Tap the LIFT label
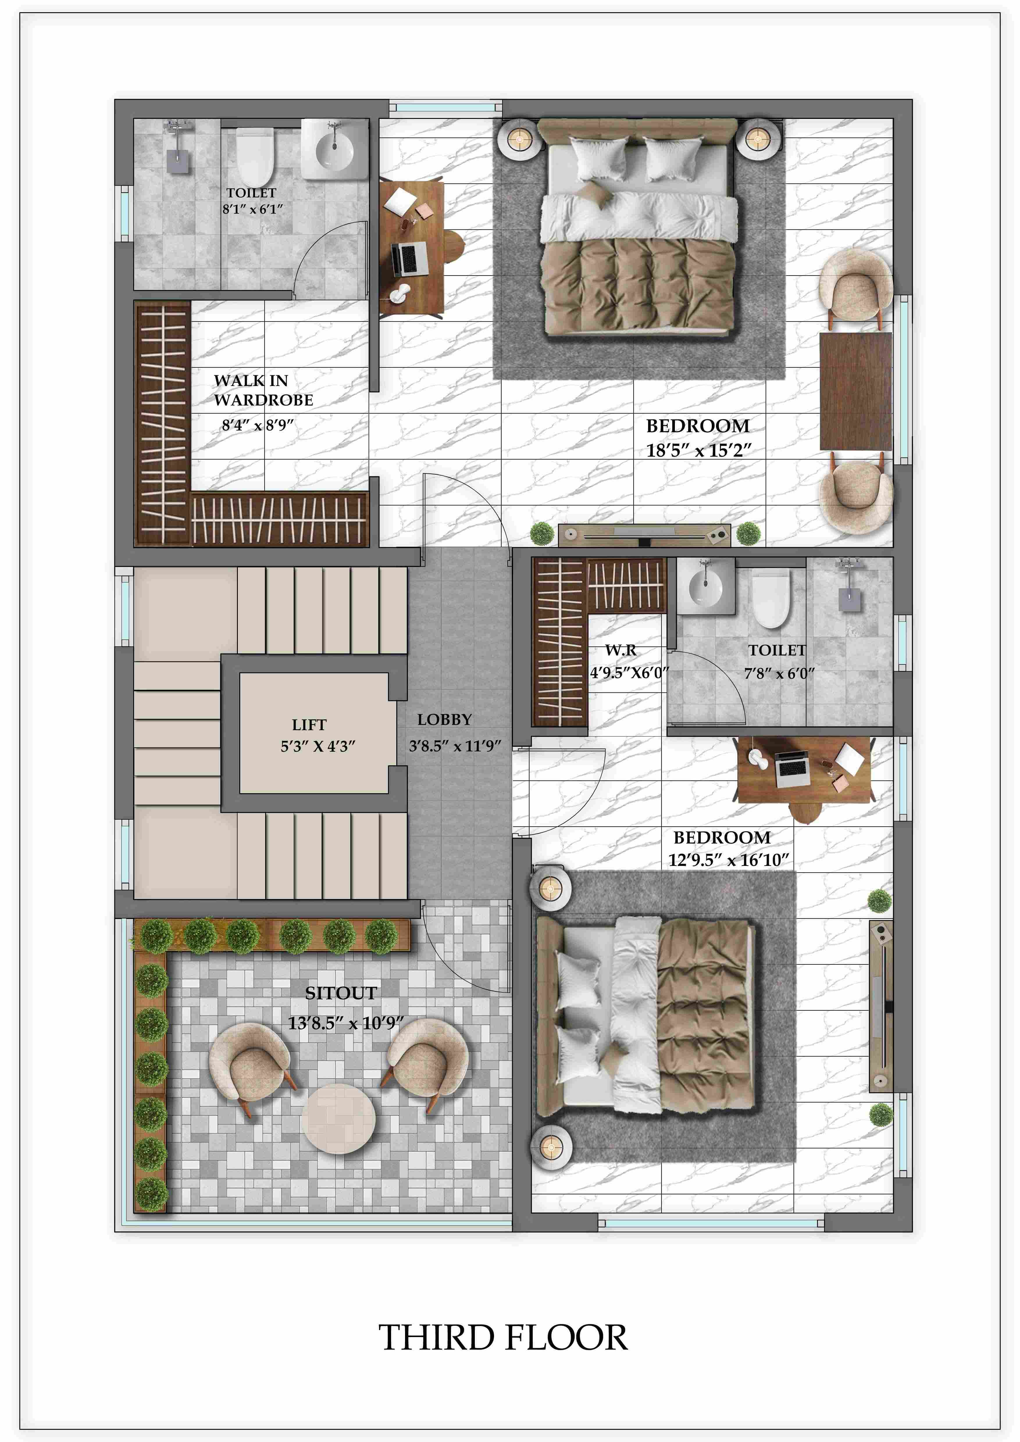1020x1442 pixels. [309, 725]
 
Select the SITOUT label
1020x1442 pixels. [341, 993]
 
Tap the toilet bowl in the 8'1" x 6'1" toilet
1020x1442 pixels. [254, 157]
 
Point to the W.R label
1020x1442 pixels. [620, 650]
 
